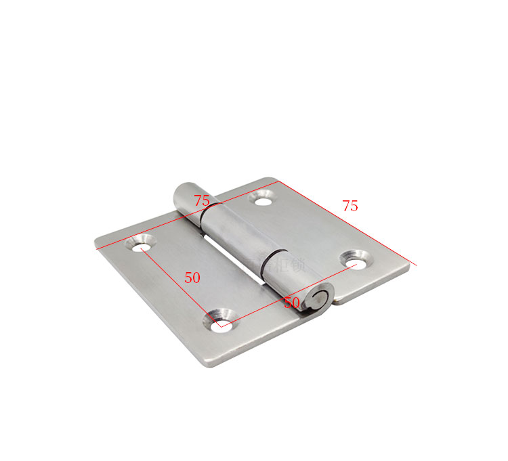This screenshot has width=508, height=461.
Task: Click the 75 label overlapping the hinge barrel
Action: [x=202, y=200]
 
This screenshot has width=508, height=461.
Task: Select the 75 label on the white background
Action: [x=350, y=206]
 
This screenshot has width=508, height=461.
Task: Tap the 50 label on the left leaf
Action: [x=192, y=278]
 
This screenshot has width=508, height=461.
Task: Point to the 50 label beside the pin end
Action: [x=292, y=302]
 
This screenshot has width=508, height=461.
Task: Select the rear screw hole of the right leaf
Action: [x=262, y=198]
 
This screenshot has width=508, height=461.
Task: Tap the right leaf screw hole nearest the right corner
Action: [x=354, y=259]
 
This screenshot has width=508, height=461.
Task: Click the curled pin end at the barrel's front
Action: [x=318, y=300]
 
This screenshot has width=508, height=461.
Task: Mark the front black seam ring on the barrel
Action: [x=268, y=261]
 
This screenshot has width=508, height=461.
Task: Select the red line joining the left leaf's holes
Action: [x=179, y=283]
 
